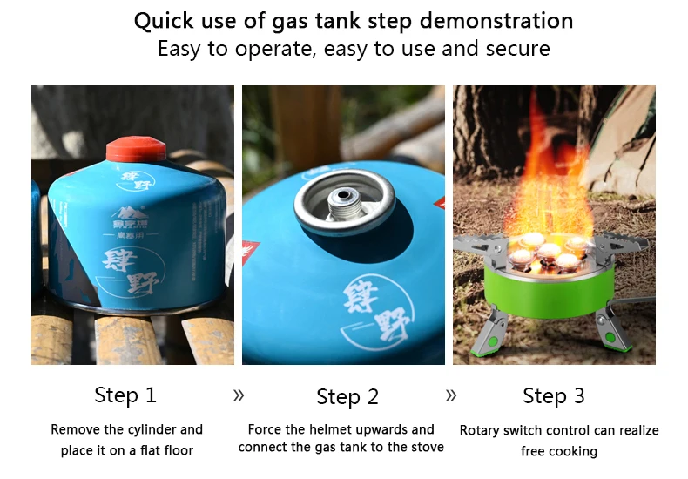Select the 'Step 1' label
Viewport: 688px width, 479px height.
125,395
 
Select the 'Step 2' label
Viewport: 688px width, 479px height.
347,397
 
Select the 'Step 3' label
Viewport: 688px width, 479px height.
553,396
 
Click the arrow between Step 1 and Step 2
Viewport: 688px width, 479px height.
239,395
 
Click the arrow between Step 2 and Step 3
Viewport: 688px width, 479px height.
450,395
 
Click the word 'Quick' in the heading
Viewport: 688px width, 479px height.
165,21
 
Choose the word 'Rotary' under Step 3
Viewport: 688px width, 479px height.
482,430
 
